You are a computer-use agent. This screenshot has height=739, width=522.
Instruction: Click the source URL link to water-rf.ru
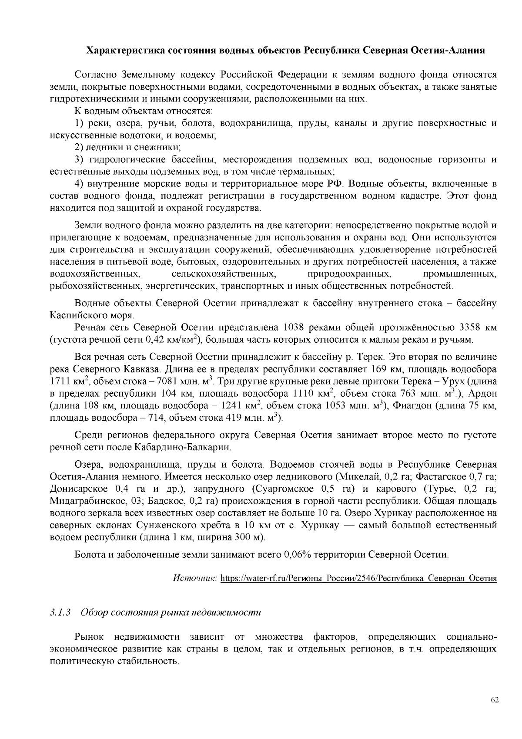[x=358, y=579]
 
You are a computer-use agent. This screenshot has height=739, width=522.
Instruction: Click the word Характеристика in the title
[x=126, y=50]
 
